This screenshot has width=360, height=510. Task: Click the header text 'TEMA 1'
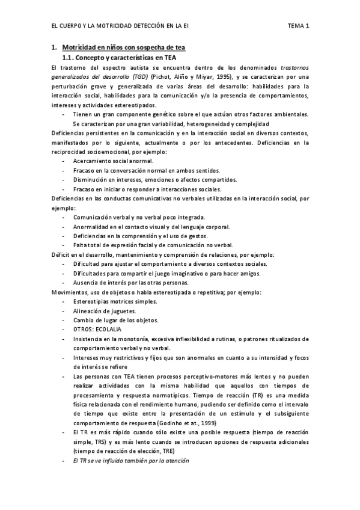point(298,26)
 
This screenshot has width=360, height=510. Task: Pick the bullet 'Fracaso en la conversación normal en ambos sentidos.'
point(146,171)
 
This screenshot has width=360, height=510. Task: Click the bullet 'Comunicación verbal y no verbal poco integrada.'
point(139,217)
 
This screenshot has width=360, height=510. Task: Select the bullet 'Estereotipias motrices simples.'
point(114,301)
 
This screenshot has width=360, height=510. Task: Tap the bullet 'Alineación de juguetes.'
point(104,311)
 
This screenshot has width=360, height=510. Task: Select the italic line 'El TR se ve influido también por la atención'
point(130,461)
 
